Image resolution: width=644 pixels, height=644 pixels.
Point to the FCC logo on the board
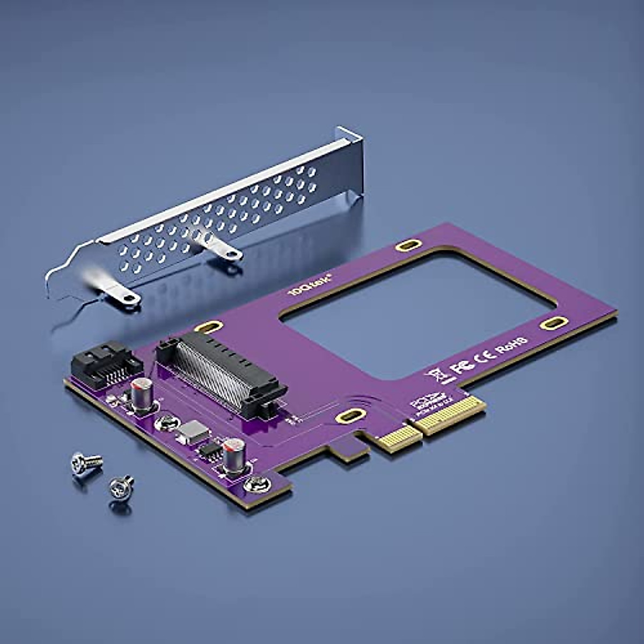point(461,367)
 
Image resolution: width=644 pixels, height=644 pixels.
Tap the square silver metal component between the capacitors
point(191,430)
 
